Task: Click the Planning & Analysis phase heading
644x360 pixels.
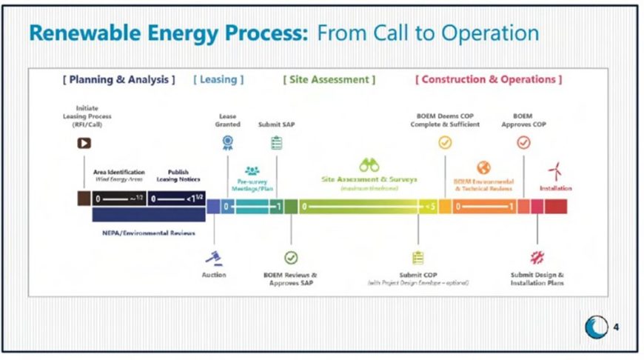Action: [x=119, y=79]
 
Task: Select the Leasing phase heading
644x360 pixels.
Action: [x=218, y=79]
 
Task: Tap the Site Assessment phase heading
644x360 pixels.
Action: [x=329, y=79]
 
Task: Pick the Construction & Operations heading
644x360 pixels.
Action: [x=489, y=79]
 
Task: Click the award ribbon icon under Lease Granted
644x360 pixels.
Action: [x=228, y=142]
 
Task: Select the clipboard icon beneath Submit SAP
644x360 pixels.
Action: [x=276, y=142]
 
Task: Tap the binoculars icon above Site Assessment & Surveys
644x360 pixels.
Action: [x=369, y=165]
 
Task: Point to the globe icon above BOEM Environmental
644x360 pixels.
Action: [x=483, y=167]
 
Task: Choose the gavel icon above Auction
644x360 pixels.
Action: [x=214, y=258]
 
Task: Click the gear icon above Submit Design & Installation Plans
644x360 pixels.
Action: [x=537, y=258]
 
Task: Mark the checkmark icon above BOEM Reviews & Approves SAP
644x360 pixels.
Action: [x=291, y=258]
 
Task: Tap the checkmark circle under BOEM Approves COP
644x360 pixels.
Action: [x=523, y=142]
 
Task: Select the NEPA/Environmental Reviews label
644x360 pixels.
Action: [x=149, y=233]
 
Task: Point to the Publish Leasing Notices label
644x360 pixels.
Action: [x=178, y=175]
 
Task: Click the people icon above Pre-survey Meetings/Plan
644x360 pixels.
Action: [x=252, y=170]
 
